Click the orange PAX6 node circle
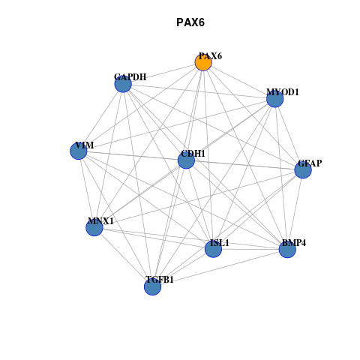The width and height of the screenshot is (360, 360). (203, 62)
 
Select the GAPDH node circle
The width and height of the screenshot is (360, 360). (123, 84)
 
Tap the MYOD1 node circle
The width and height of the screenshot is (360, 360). (275, 99)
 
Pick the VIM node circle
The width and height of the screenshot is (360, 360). (79, 151)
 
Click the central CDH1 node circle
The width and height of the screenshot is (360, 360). (186, 160)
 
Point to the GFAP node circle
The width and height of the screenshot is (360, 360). (303, 170)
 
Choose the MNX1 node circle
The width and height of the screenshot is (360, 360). (94, 227)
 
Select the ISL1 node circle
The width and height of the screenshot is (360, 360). (213, 249)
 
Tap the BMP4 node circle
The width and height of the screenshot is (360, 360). (287, 249)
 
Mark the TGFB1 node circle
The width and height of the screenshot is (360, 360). (152, 286)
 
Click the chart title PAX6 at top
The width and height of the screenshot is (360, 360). (190, 22)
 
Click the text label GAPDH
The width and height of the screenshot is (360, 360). (130, 77)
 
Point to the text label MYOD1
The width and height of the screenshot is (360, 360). (283, 92)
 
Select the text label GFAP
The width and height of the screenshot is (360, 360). (310, 163)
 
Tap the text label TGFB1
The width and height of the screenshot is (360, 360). (160, 280)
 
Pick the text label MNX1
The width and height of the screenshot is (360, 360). (100, 221)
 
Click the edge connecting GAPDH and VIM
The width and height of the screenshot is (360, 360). (100, 118)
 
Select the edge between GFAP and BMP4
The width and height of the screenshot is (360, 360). (295, 209)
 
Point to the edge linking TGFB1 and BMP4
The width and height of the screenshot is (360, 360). (220, 268)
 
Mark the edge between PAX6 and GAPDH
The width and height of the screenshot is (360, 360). (163, 73)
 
